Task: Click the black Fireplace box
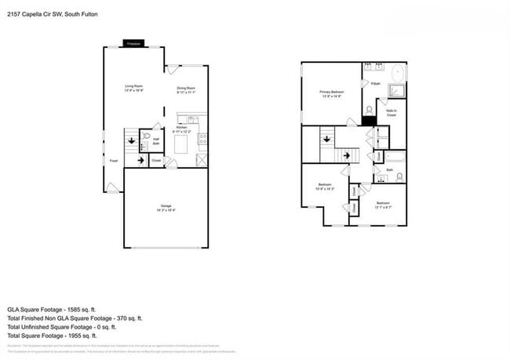coord(134,44)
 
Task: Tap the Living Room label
coord(134,88)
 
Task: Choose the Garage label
coord(166,208)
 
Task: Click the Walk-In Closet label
coord(392,113)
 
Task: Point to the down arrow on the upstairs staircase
coord(323,140)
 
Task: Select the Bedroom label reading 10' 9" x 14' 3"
coord(325,187)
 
